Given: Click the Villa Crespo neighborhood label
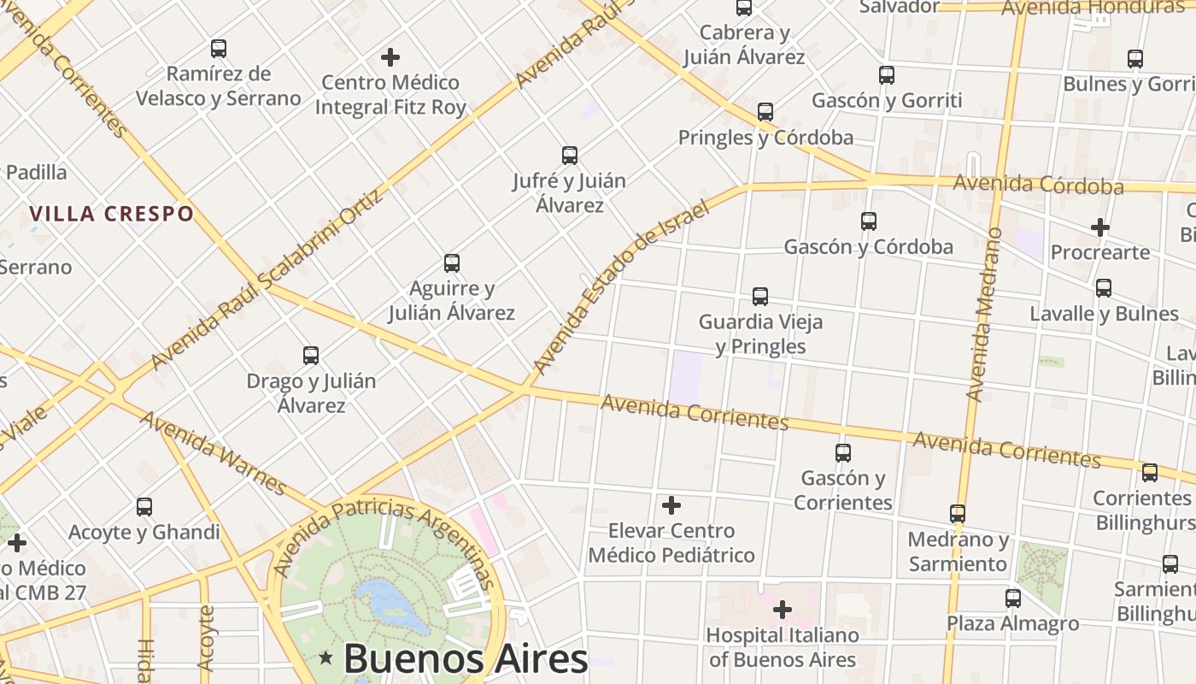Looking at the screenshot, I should pyautogui.click(x=112, y=214).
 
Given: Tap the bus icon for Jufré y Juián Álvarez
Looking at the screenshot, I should pyautogui.click(x=570, y=156).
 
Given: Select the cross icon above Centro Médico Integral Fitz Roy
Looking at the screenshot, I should pyautogui.click(x=390, y=57).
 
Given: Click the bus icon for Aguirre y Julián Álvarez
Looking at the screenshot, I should pyautogui.click(x=452, y=263).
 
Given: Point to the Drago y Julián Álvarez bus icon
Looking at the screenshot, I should pyautogui.click(x=311, y=355).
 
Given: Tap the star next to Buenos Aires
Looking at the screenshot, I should pyautogui.click(x=325, y=658).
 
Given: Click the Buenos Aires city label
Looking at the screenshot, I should pyautogui.click(x=466, y=658).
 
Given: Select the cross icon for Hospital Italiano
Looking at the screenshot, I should pyautogui.click(x=782, y=610).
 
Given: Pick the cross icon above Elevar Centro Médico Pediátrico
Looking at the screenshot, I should pyautogui.click(x=671, y=504).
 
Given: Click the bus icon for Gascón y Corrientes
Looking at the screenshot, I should pyautogui.click(x=843, y=452).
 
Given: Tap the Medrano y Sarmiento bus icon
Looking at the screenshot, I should pyautogui.click(x=958, y=514).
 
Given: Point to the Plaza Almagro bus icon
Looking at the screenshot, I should pyautogui.click(x=1013, y=598).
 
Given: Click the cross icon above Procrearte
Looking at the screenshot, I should pyautogui.click(x=1100, y=227).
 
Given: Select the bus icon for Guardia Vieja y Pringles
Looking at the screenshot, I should pyautogui.click(x=760, y=297).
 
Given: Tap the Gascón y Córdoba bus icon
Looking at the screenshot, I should pyautogui.click(x=869, y=221).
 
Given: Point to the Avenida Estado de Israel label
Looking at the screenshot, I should pyautogui.click(x=621, y=287).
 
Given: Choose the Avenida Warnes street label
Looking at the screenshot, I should pyautogui.click(x=213, y=452).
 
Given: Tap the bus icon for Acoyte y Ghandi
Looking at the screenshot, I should pyautogui.click(x=144, y=507).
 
